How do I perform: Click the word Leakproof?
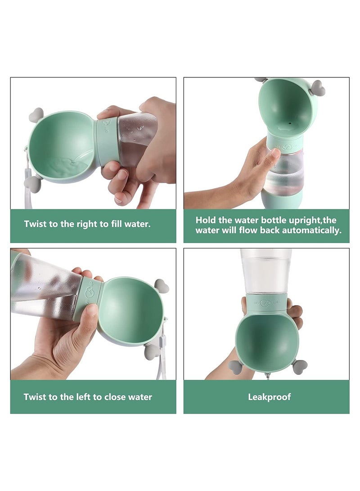pos(269,397)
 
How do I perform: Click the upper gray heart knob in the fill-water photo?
pos(36,115)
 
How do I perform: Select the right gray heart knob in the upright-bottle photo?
pos(318,88)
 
